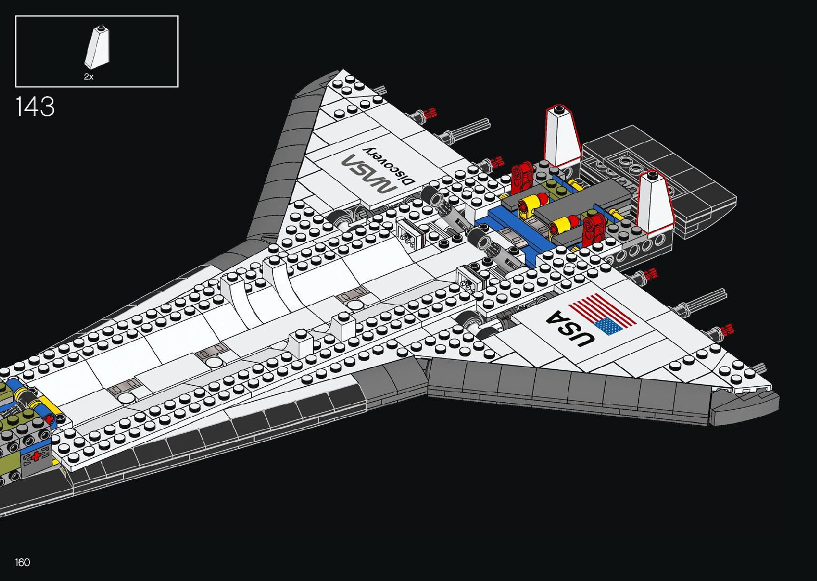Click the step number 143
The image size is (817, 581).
coord(35,107)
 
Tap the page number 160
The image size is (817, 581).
coord(22,562)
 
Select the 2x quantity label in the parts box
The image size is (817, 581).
coord(89,77)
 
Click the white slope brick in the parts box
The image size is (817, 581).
coord(97,48)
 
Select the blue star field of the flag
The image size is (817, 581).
coord(608,325)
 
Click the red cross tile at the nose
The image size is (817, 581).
coord(37,457)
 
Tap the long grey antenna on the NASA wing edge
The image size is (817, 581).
coord(470,130)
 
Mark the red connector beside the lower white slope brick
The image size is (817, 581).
coord(594,229)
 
